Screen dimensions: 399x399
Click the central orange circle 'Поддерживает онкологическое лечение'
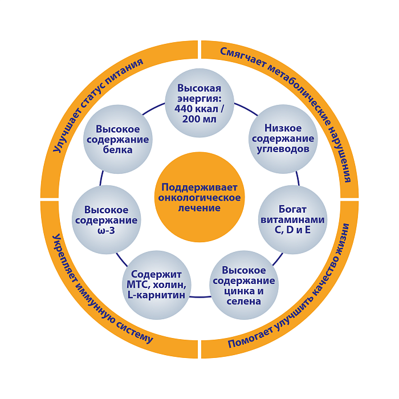pos(199,197)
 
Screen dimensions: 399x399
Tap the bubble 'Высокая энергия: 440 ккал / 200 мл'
pos(199,103)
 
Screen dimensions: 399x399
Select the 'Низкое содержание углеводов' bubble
pos(283,139)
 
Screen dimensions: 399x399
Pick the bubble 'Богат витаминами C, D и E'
pos(292,219)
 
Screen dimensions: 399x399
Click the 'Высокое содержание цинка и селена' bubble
pos(243,285)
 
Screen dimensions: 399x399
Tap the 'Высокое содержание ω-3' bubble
pos(106,219)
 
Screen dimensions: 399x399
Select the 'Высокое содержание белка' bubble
pos(118,139)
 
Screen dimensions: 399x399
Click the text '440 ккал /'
pos(199,109)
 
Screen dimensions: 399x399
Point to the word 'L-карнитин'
pos(156,295)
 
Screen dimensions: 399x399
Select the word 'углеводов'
pos(283,149)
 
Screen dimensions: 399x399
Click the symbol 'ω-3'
pos(106,231)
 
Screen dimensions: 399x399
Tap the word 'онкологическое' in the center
pos(199,198)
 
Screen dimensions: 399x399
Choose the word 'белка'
pos(118,150)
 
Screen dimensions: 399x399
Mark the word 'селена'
pos(243,301)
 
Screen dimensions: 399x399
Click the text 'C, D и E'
pos(292,230)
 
